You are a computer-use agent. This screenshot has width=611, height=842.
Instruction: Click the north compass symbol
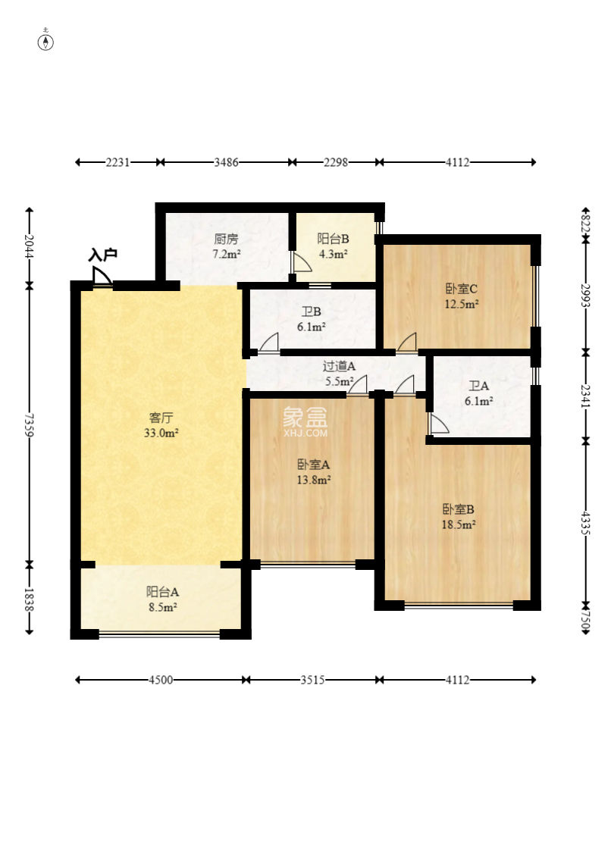(47, 41)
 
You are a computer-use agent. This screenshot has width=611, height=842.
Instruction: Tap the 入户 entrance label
(102, 255)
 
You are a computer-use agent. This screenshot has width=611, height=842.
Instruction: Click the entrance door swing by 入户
(102, 277)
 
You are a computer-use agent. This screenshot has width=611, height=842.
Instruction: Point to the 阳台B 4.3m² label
(333, 246)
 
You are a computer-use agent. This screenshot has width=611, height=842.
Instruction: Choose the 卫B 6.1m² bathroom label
(312, 319)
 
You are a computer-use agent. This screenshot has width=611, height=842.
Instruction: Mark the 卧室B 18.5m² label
(459, 516)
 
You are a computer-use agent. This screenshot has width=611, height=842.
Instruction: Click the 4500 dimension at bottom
(160, 681)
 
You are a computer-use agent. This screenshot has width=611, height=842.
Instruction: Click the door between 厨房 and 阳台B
(300, 262)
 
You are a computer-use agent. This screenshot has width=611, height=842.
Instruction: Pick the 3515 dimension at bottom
(312, 681)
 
